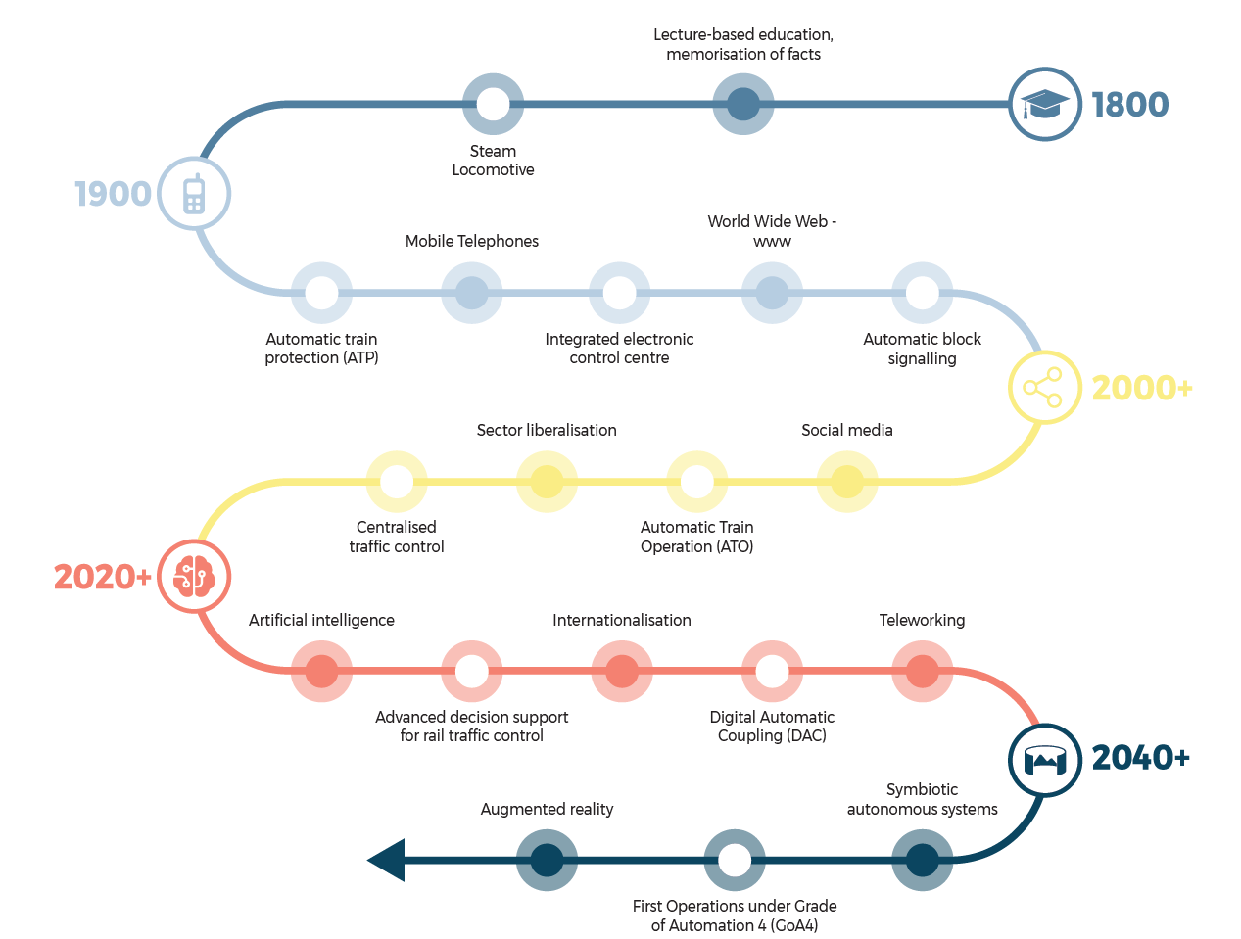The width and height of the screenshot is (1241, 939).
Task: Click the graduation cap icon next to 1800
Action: pos(1045,104)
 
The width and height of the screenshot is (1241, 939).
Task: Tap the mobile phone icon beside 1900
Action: pos(194,194)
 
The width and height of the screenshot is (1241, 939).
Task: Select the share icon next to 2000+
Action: pos(1044,388)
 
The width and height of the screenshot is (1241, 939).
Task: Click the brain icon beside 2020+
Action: pos(194,577)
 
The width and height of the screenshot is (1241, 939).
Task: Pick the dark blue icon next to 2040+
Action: pos(1044,759)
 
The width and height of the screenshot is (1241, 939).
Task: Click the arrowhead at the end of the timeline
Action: pos(387,861)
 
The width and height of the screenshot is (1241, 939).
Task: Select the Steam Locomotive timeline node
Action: pos(493,104)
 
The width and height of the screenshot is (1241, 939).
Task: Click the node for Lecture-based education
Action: pos(742,104)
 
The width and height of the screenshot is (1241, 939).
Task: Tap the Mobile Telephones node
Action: pos(472,293)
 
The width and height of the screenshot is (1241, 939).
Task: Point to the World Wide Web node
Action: pos(772,293)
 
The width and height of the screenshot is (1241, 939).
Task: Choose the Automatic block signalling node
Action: pos(922,293)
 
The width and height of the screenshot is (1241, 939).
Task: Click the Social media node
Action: pos(846,482)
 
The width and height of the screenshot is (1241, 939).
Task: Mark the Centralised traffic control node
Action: pos(397,482)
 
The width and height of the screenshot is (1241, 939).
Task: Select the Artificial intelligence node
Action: pos(321,672)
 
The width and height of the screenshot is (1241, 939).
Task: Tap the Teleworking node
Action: pos(922,672)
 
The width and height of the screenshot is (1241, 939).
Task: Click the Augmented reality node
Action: pos(547,861)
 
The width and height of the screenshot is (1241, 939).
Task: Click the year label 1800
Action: pos(1129,105)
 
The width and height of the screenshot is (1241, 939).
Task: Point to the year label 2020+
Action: pos(102,577)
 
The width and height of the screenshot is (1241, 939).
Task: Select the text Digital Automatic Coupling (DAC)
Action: pos(772,727)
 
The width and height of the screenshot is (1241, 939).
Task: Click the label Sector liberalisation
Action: pos(547,430)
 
